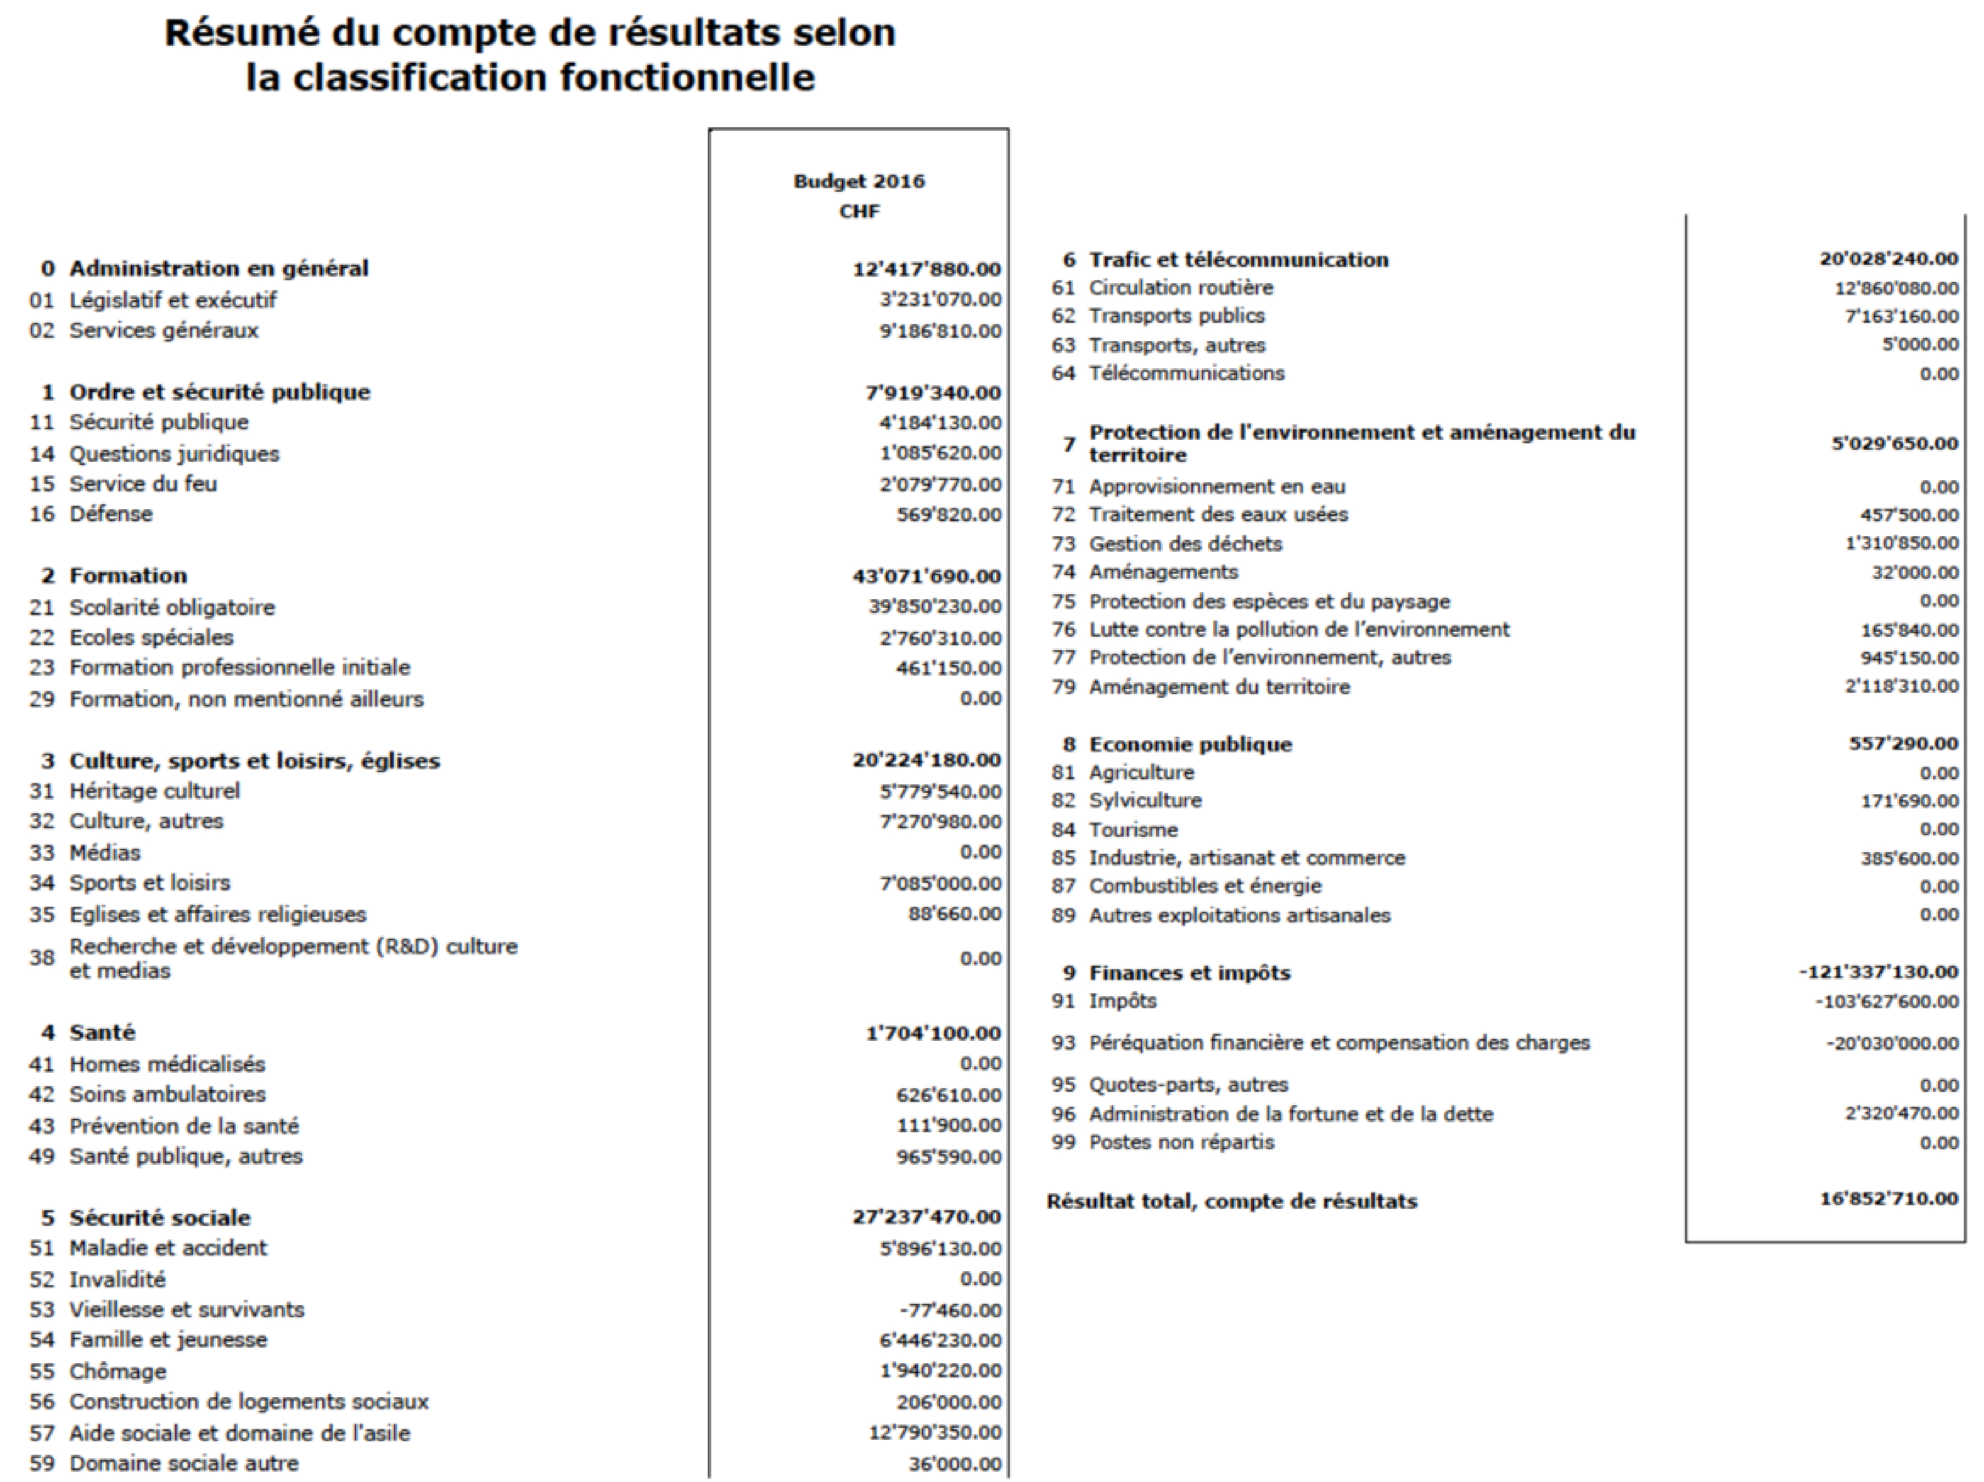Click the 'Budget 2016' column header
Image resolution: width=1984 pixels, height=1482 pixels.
pyautogui.click(x=858, y=181)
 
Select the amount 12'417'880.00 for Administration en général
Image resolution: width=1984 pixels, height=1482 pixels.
pyautogui.click(x=927, y=269)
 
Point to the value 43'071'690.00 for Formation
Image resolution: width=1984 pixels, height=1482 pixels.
pyautogui.click(x=927, y=576)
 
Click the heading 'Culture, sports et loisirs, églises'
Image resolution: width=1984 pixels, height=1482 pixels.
pyautogui.click(x=255, y=761)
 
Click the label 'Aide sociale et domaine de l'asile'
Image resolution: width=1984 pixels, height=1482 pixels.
pyautogui.click(x=239, y=1433)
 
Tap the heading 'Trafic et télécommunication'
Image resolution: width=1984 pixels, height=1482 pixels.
pyautogui.click(x=1238, y=259)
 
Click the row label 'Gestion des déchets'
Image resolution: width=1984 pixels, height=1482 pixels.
pyautogui.click(x=1185, y=544)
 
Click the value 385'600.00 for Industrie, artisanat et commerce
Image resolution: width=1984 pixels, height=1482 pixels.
pyautogui.click(x=1909, y=858)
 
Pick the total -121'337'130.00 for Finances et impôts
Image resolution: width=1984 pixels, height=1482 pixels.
pyautogui.click(x=1878, y=972)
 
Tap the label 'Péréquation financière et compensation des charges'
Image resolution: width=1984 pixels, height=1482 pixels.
pyautogui.click(x=1339, y=1042)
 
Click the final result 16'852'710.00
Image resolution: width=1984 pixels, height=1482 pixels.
pyautogui.click(x=1888, y=1199)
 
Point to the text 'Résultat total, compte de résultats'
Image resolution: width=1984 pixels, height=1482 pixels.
pyautogui.click(x=1232, y=1201)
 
